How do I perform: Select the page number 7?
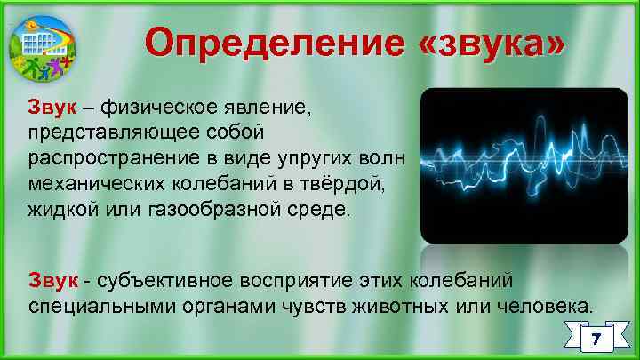point(596,339)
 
